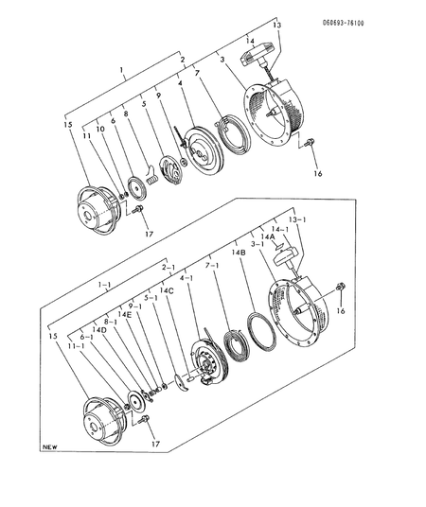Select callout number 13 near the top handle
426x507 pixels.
277,26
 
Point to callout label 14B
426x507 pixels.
239,253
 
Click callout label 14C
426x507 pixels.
167,291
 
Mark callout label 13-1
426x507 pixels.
298,219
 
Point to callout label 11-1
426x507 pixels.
72,347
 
